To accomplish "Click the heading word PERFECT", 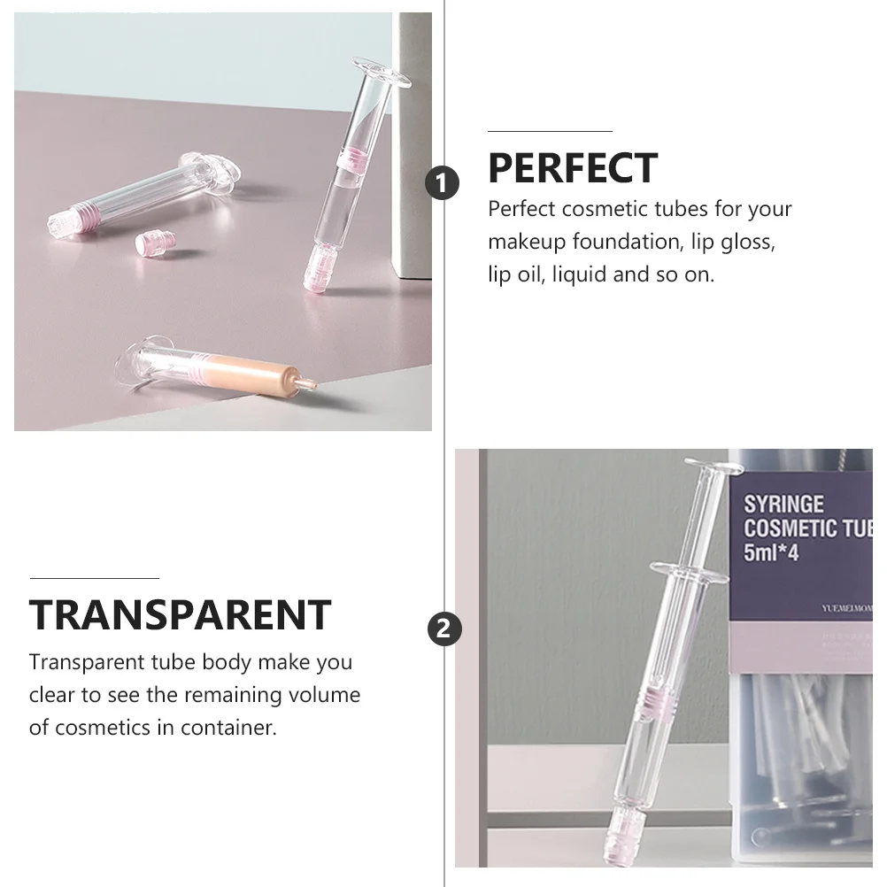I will coord(572,168).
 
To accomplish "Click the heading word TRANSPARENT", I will coord(180,614).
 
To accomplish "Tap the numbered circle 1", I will coord(443,183).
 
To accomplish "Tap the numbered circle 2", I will coord(443,629).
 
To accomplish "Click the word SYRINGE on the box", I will coord(783,505).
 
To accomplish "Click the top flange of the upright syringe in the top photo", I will coord(382,73).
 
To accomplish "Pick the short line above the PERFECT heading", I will coord(550,131).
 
